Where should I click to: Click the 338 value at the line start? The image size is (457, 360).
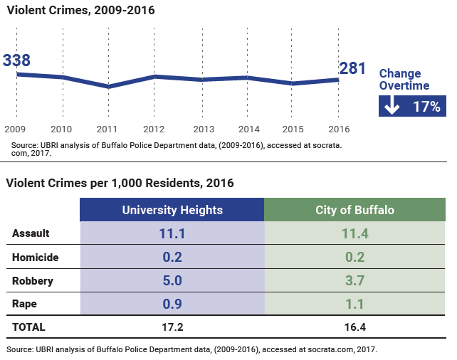point(16,60)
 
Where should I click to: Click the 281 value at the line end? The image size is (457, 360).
point(352,68)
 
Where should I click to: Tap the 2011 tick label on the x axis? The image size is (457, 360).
point(107,129)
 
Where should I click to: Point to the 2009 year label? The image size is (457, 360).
point(16,129)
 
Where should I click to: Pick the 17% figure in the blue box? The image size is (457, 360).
point(426,107)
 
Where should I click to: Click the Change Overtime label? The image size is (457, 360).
point(404,80)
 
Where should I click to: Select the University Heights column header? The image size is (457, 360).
point(172,210)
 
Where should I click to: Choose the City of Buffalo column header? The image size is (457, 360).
point(354,210)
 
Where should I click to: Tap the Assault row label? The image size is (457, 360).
point(31,233)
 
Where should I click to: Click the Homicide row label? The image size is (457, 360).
point(36,257)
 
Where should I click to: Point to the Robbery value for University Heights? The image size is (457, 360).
point(172,280)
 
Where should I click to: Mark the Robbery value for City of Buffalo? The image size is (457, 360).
point(354,280)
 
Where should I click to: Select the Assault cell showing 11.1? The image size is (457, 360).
point(172,233)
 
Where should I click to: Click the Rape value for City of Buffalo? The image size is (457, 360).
point(354,304)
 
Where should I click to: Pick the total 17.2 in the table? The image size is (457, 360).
point(172,327)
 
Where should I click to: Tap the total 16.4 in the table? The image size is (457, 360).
point(354,327)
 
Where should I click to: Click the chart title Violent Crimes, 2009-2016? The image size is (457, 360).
point(80,11)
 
